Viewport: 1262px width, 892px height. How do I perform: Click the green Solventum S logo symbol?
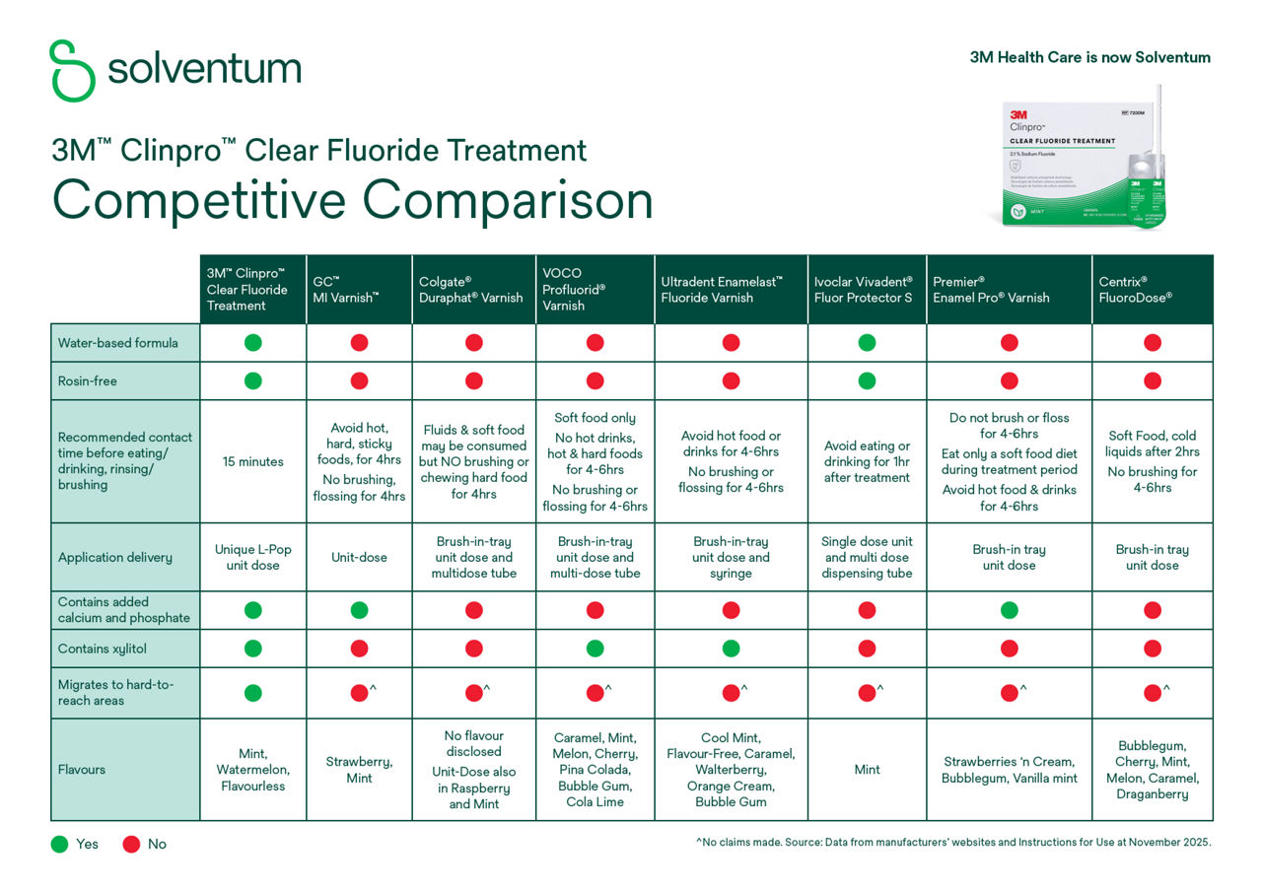pyautogui.click(x=72, y=70)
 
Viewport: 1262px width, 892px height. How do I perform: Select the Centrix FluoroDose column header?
pyautogui.click(x=1152, y=289)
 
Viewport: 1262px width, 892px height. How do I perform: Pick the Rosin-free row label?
pyautogui.click(x=88, y=380)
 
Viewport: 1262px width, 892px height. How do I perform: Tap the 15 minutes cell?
pyautogui.click(x=253, y=461)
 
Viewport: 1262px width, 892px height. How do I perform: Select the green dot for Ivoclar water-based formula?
pyautogui.click(x=867, y=343)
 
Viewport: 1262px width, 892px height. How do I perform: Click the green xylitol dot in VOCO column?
pyautogui.click(x=595, y=649)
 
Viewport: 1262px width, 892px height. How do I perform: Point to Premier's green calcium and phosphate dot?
pyautogui.click(x=1009, y=610)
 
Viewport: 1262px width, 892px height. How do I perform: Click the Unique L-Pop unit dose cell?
pyautogui.click(x=253, y=557)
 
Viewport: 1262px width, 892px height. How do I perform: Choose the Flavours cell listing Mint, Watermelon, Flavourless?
pyautogui.click(x=253, y=770)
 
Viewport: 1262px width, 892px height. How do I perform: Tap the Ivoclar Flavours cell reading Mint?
pyautogui.click(x=867, y=770)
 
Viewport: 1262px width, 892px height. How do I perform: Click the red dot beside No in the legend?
pyautogui.click(x=131, y=844)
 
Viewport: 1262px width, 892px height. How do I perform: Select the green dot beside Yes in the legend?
pyautogui.click(x=59, y=844)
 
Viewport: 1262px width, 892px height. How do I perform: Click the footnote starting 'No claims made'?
pyautogui.click(x=952, y=843)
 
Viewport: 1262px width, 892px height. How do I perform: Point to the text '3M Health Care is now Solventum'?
pyautogui.click(x=1089, y=57)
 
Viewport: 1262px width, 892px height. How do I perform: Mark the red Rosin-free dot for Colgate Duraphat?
pyautogui.click(x=474, y=380)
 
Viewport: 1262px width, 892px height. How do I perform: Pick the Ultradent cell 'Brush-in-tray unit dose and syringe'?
pyautogui.click(x=731, y=557)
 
